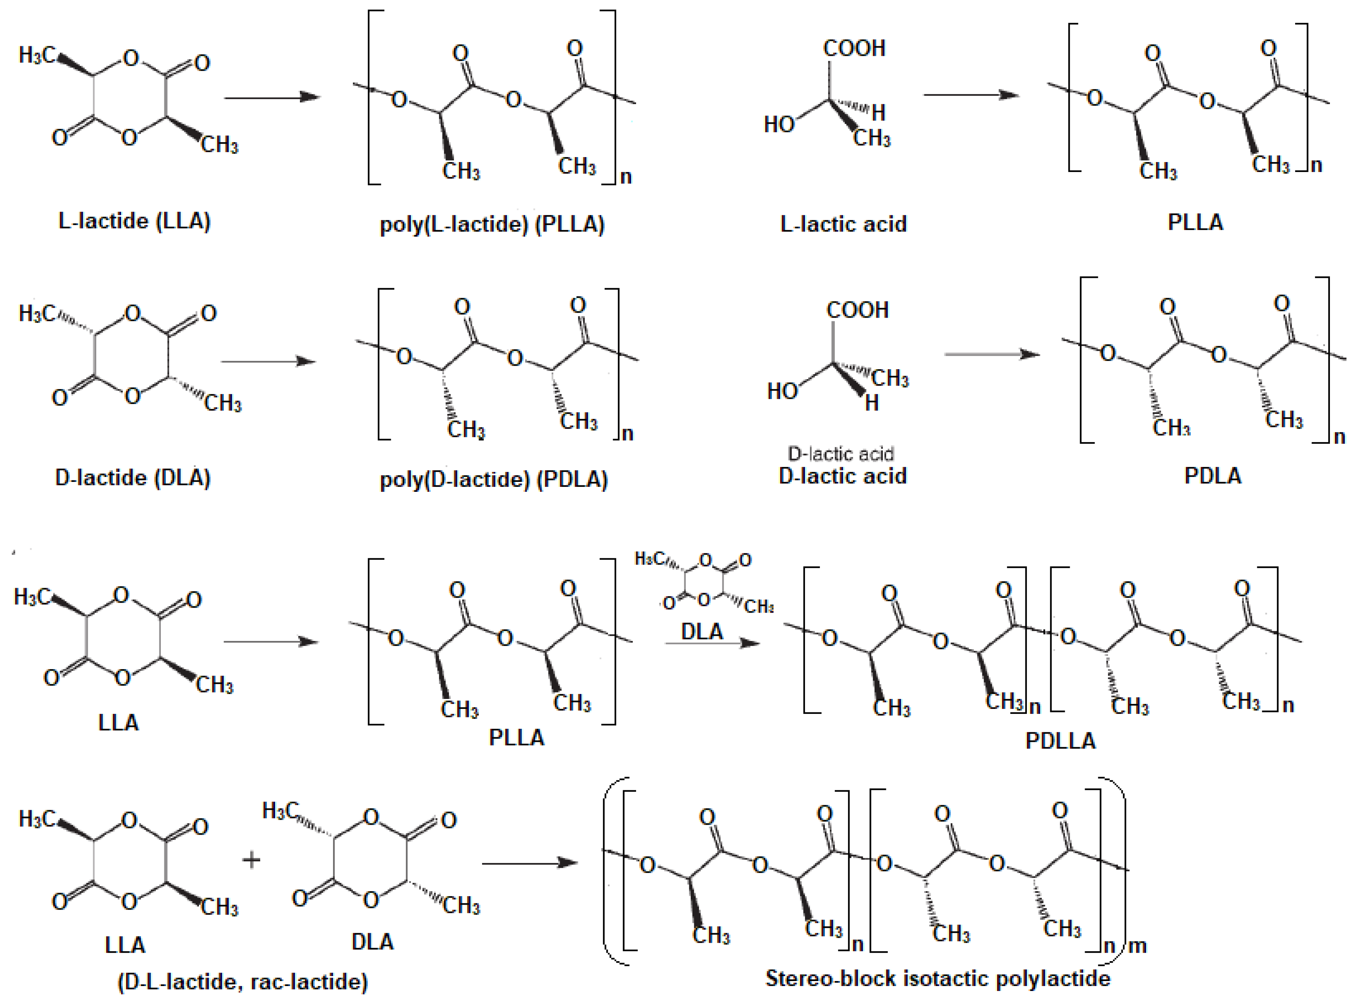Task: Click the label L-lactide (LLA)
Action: click(x=134, y=221)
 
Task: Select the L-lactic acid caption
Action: click(x=843, y=224)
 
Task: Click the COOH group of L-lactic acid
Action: click(x=854, y=49)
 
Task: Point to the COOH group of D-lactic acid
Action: click(x=857, y=310)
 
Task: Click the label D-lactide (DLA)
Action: click(x=133, y=478)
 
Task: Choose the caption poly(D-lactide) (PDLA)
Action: click(x=493, y=480)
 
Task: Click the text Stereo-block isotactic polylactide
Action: click(x=938, y=978)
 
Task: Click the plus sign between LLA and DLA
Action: click(x=251, y=859)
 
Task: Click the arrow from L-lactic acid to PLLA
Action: click(x=971, y=95)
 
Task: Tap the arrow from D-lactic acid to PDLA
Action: click(x=991, y=354)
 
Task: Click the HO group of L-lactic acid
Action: click(x=779, y=125)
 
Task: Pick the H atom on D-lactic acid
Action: click(x=871, y=403)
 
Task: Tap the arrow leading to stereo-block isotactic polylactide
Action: click(x=530, y=863)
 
